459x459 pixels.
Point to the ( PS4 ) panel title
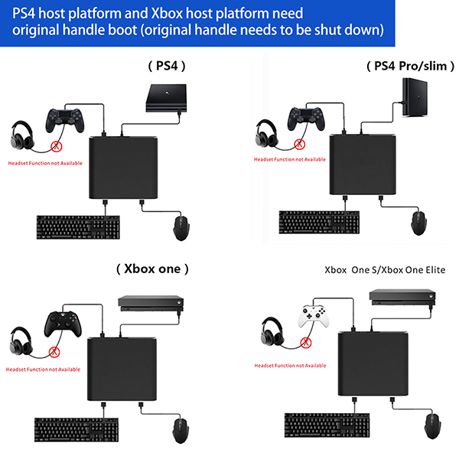pyautogui.click(x=166, y=67)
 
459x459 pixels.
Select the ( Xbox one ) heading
pyautogui.click(x=152, y=269)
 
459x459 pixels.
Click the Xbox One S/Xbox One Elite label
pyautogui.click(x=385, y=270)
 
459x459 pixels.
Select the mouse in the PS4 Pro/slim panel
pyautogui.click(x=418, y=223)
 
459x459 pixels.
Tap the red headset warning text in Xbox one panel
pyautogui.click(x=44, y=369)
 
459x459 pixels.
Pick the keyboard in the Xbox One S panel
pyautogui.click(x=326, y=425)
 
